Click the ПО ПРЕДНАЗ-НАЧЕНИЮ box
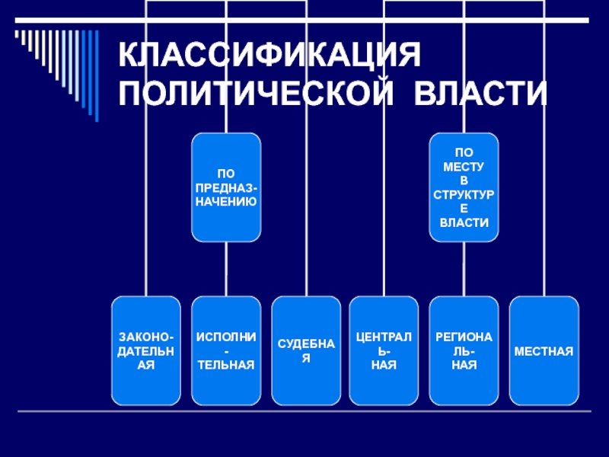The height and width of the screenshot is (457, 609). tap(225, 187)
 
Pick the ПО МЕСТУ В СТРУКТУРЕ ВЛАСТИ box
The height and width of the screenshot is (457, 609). tap(464, 187)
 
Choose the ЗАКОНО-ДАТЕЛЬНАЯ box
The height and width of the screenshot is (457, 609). tap(146, 350)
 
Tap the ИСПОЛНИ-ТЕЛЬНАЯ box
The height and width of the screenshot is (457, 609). tap(225, 350)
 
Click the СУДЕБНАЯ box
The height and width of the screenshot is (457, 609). tap(306, 350)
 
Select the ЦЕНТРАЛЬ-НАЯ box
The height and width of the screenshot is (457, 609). tap(384, 350)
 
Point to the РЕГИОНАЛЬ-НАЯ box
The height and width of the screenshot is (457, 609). tap(464, 350)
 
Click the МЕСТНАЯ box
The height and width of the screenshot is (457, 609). tap(544, 350)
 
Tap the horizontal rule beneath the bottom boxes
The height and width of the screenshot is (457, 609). tap(304, 412)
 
